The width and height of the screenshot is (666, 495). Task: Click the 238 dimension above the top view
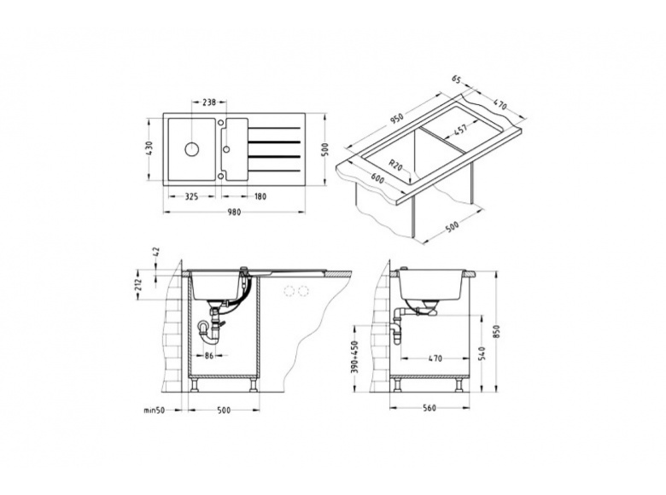(209, 102)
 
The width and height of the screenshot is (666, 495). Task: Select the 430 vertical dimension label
(149, 149)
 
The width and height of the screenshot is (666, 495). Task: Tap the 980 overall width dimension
(234, 212)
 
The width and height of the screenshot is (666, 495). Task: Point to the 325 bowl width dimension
(192, 196)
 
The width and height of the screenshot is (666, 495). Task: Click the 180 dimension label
(260, 196)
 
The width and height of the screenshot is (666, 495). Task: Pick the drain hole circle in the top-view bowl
(192, 149)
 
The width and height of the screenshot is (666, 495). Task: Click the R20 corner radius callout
(396, 165)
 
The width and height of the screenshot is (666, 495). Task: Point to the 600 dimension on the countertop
(377, 178)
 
